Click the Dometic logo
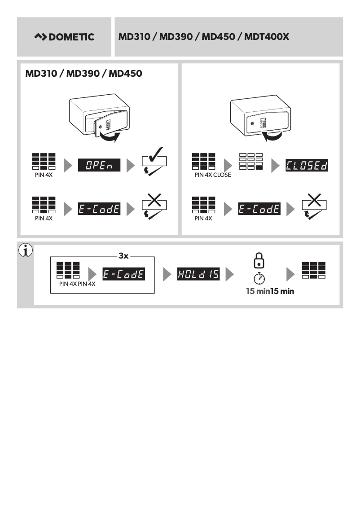(64, 37)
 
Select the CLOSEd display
(307, 166)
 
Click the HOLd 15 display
(198, 274)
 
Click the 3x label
(123, 256)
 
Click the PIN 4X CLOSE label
(212, 175)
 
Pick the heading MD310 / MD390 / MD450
(84, 74)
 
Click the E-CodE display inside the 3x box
(124, 274)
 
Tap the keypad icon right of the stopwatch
(314, 270)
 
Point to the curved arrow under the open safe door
(111, 137)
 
